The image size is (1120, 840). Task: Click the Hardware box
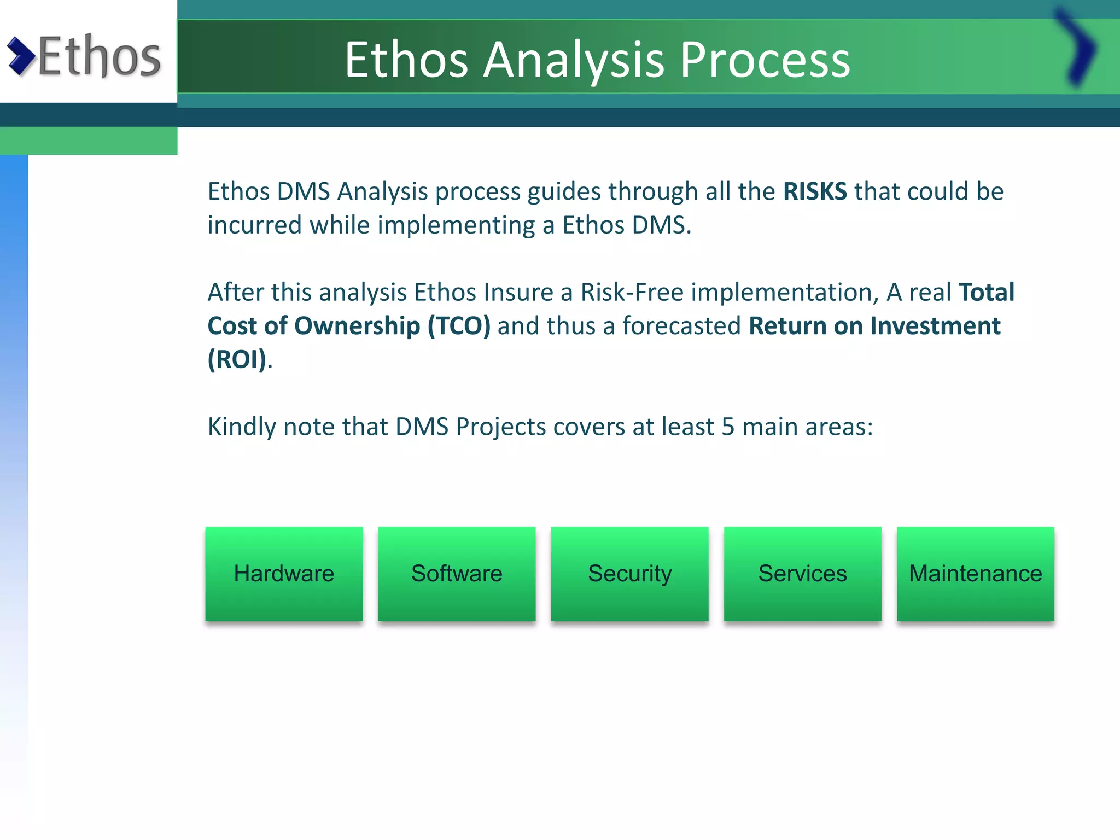click(x=284, y=574)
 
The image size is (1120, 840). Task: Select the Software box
click(x=457, y=574)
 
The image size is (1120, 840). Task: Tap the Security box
click(x=629, y=574)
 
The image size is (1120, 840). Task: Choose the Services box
click(x=802, y=574)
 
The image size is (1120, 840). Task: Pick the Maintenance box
click(x=975, y=574)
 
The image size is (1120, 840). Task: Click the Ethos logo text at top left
click(x=100, y=56)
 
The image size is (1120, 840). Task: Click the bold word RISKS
click(x=815, y=192)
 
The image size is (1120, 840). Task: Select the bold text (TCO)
click(x=458, y=326)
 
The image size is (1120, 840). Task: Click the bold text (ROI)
click(x=237, y=360)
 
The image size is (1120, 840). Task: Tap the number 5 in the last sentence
click(x=727, y=427)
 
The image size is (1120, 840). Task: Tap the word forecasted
click(x=681, y=326)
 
